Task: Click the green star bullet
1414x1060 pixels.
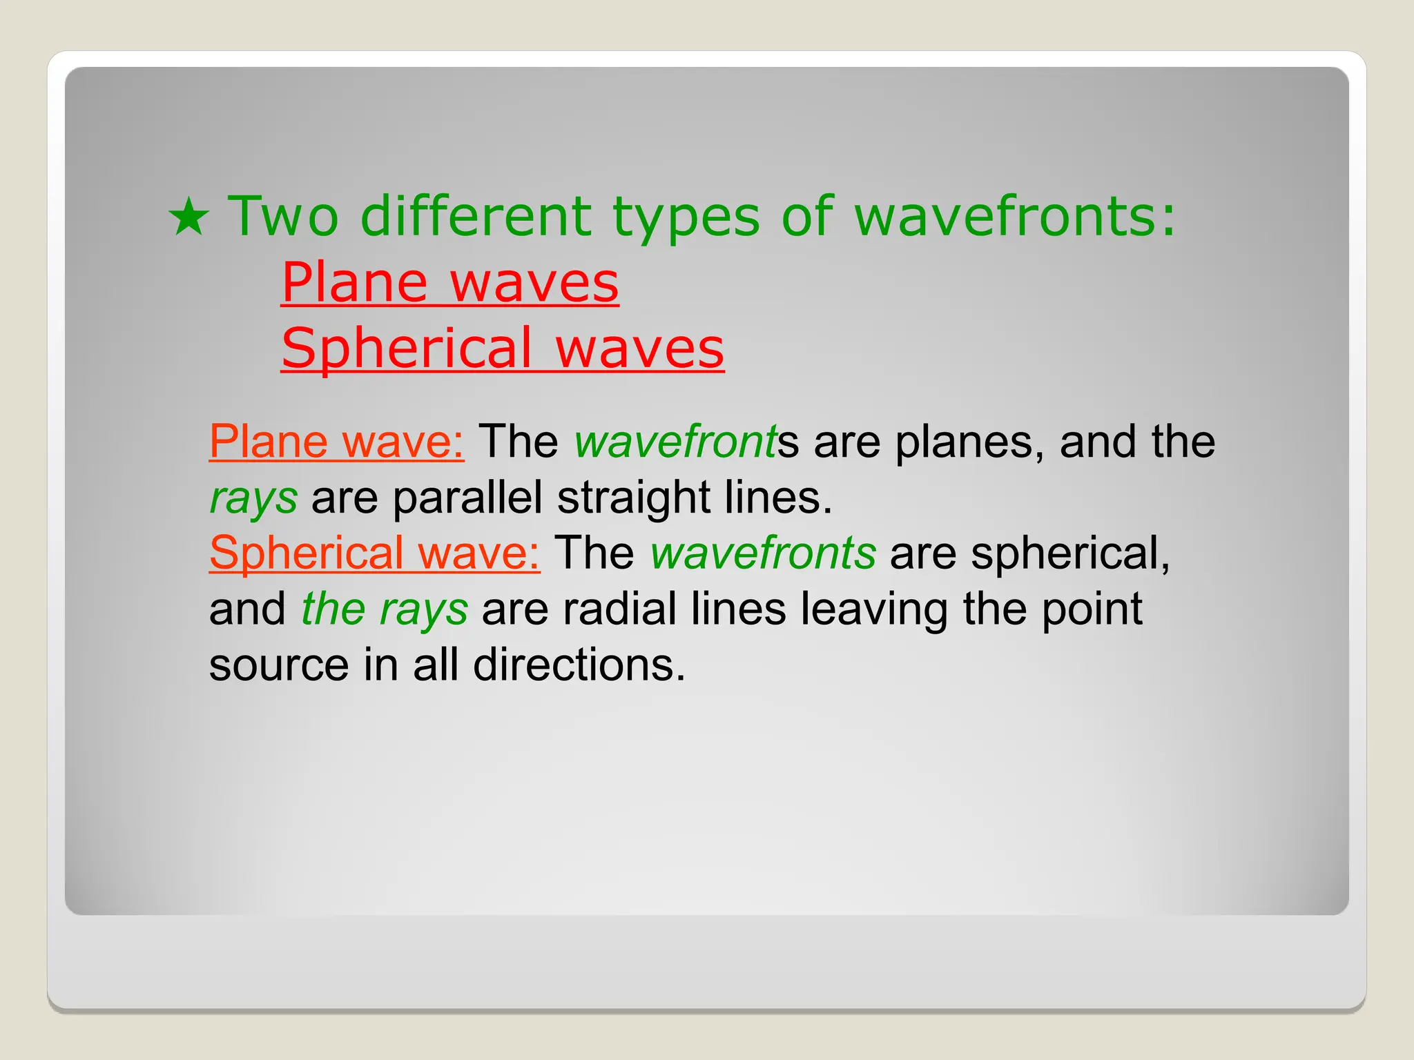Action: coord(188,217)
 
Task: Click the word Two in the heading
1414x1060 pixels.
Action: coord(283,217)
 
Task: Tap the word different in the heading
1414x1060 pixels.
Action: coord(476,217)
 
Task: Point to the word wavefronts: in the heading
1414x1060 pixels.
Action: coord(1014,217)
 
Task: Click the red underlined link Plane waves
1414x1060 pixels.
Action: coord(449,282)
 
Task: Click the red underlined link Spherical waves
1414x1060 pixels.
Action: coord(502,348)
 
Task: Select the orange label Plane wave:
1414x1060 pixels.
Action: coord(336,442)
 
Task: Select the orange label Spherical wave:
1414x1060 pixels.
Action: coord(374,553)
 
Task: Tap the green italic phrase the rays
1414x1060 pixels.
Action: coord(385,610)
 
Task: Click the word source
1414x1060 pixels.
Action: coord(279,666)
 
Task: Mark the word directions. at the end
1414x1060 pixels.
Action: coord(579,666)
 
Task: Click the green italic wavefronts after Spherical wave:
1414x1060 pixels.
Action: coord(763,553)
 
